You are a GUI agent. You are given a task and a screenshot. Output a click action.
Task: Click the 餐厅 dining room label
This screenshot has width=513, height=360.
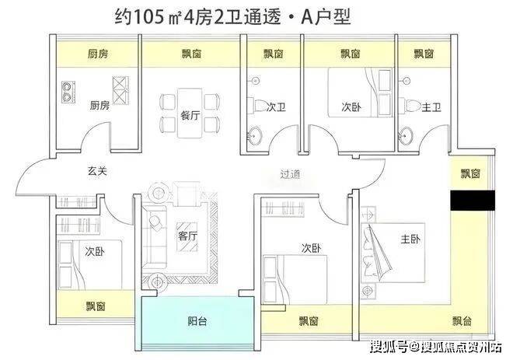190,115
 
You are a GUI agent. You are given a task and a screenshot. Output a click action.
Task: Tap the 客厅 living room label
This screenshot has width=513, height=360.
188,236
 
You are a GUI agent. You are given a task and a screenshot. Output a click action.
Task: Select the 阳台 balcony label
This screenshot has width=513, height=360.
197,321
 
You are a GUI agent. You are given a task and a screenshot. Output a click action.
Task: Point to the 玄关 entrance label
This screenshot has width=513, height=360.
97,170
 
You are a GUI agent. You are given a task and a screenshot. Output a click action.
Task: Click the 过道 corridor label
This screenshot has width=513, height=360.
290,174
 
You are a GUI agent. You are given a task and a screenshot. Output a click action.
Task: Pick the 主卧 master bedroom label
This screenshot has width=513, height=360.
410,239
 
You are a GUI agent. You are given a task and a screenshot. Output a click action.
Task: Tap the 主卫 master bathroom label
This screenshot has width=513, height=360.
431,107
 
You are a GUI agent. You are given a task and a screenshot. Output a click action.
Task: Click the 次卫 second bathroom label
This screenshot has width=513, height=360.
276,107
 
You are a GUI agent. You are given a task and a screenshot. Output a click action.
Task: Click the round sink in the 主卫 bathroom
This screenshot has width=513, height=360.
406,136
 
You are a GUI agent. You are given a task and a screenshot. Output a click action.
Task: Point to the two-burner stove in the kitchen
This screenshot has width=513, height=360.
68,92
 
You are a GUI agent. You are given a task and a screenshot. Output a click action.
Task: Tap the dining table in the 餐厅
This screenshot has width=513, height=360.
190,113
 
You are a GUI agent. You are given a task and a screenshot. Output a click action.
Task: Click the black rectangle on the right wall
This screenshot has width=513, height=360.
473,201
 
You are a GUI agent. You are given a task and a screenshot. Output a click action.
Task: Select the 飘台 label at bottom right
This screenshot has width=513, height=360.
462,321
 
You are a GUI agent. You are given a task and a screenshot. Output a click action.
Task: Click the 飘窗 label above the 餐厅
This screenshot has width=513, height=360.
191,54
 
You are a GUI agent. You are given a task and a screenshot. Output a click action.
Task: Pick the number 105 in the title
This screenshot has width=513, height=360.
148,17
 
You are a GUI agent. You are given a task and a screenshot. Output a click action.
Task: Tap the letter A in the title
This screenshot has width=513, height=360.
307,17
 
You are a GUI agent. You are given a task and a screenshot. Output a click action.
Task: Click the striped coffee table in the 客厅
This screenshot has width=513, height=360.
187,237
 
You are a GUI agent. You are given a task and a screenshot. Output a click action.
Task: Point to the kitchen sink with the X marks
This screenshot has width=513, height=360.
120,90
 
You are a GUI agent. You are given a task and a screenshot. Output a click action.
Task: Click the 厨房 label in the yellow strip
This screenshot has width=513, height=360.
98,54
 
